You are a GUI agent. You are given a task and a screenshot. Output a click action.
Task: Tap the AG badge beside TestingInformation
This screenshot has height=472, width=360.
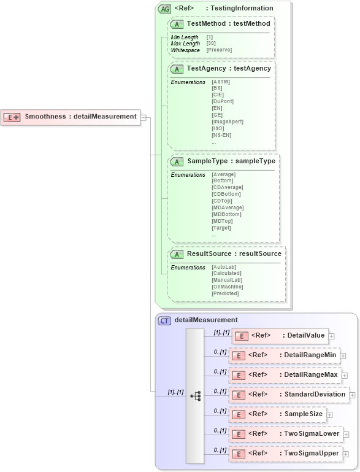[165, 9]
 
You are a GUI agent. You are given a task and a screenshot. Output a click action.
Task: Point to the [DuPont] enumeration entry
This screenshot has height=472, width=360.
[223, 101]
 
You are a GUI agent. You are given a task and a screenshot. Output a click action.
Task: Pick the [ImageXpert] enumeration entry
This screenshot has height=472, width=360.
[227, 122]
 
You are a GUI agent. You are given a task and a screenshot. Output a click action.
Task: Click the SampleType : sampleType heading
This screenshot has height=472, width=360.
[231, 161]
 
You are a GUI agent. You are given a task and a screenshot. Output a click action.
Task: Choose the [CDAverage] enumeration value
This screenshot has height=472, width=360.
[227, 187]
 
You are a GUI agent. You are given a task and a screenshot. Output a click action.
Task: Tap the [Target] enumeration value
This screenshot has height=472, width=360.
[221, 228]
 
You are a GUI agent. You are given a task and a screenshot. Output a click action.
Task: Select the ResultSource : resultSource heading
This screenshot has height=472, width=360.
[234, 253]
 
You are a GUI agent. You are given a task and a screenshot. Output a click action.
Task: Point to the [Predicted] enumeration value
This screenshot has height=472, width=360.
[225, 293]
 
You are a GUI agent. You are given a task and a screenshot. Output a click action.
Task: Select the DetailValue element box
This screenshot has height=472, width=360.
[280, 336]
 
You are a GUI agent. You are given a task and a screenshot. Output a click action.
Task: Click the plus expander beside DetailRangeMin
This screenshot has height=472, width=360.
[343, 356]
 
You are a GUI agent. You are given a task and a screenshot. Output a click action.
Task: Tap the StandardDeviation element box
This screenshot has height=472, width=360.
[288, 395]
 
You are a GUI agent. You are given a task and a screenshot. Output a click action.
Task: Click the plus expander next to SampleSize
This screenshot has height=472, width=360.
[329, 415]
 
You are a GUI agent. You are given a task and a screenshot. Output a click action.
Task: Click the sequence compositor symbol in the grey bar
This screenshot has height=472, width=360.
[196, 396]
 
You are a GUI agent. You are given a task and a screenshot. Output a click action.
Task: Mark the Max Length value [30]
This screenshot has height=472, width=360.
[211, 44]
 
